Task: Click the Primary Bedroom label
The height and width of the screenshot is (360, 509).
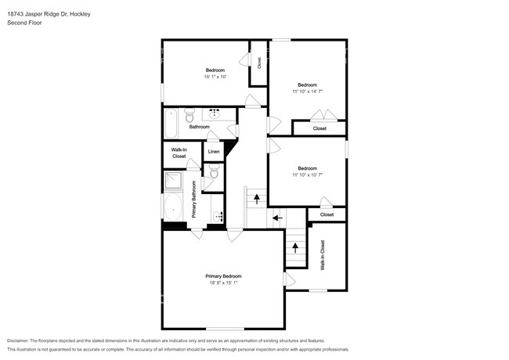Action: point(223,276)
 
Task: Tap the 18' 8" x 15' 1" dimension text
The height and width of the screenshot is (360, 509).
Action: point(223,283)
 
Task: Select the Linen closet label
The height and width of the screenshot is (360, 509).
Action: point(214,152)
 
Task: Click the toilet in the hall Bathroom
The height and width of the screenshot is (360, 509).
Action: point(190,115)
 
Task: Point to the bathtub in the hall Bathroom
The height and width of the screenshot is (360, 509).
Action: point(171,123)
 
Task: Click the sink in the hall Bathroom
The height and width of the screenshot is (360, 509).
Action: point(214,113)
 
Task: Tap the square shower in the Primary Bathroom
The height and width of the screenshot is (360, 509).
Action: point(173,181)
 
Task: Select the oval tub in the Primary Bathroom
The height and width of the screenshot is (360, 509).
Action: point(173,207)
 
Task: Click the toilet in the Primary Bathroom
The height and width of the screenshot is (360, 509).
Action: point(215,171)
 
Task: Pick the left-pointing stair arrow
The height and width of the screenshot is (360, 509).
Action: point(277,218)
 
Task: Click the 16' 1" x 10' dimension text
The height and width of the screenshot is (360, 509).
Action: point(215,77)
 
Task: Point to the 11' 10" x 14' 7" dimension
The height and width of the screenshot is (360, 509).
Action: point(307,92)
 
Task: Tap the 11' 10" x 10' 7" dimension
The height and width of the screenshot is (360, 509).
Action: point(307,175)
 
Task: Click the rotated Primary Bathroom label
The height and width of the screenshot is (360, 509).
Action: point(194,199)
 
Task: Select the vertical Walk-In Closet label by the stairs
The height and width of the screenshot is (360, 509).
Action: point(323,255)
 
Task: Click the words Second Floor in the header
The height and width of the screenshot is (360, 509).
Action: point(25,23)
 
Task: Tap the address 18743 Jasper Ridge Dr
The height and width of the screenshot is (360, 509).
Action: point(38,14)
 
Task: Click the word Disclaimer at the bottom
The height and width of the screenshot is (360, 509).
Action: point(18,341)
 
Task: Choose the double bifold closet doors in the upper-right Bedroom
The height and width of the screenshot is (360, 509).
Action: point(324,114)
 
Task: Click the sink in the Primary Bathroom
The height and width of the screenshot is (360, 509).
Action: point(218,216)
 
